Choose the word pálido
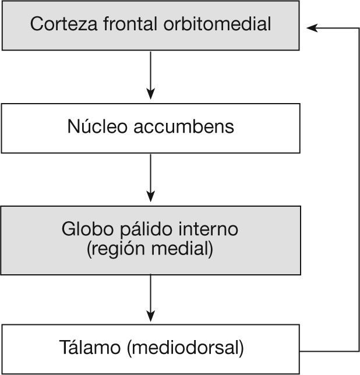click(x=140, y=229)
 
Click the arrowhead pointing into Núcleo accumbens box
click(x=151, y=94)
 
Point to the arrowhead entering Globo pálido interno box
click(x=151, y=196)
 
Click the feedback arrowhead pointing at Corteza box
click(x=311, y=27)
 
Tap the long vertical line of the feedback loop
click(x=358, y=186)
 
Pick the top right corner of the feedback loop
click(x=358, y=27)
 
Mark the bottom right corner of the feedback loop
click(x=358, y=351)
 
